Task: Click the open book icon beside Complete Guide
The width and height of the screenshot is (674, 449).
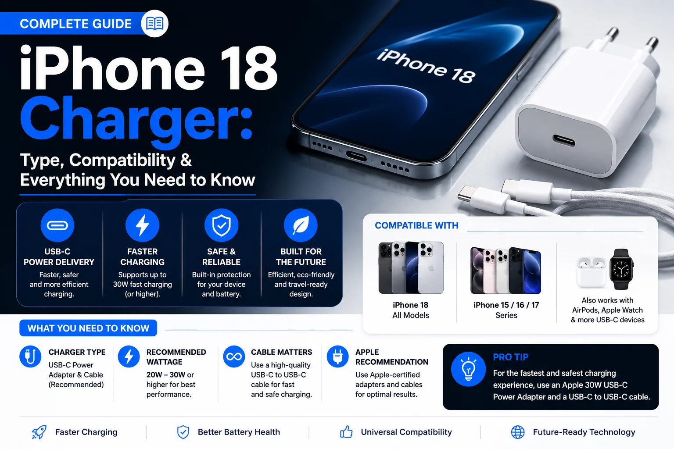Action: click(x=154, y=23)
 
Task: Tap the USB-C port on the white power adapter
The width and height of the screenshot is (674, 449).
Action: click(x=563, y=140)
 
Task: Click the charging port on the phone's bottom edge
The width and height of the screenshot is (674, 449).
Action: click(x=356, y=156)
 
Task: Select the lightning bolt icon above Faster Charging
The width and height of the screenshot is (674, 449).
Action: click(x=142, y=225)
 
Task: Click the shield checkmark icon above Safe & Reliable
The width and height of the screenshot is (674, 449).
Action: click(x=222, y=225)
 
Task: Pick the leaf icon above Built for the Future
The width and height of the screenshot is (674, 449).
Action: click(x=301, y=225)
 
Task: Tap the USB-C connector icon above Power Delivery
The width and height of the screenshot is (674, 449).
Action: click(x=57, y=225)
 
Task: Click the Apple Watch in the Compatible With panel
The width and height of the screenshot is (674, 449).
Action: click(x=622, y=269)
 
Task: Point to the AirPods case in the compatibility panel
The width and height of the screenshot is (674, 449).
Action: click(x=591, y=272)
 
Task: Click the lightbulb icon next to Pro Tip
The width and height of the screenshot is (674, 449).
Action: click(x=468, y=369)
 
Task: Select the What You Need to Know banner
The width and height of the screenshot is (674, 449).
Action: click(x=88, y=328)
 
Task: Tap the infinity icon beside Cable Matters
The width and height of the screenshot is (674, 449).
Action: click(x=234, y=356)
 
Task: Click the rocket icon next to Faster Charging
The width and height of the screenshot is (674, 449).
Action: click(x=39, y=432)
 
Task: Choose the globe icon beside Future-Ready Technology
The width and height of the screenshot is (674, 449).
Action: click(x=518, y=432)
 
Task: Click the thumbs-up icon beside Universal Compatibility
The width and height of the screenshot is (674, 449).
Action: click(x=346, y=432)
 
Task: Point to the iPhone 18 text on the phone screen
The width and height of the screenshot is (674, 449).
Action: click(x=426, y=66)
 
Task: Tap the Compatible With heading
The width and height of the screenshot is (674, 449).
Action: click(x=416, y=225)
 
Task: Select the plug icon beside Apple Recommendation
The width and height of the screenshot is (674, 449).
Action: click(x=337, y=356)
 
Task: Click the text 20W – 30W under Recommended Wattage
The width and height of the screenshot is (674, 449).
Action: click(x=166, y=375)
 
